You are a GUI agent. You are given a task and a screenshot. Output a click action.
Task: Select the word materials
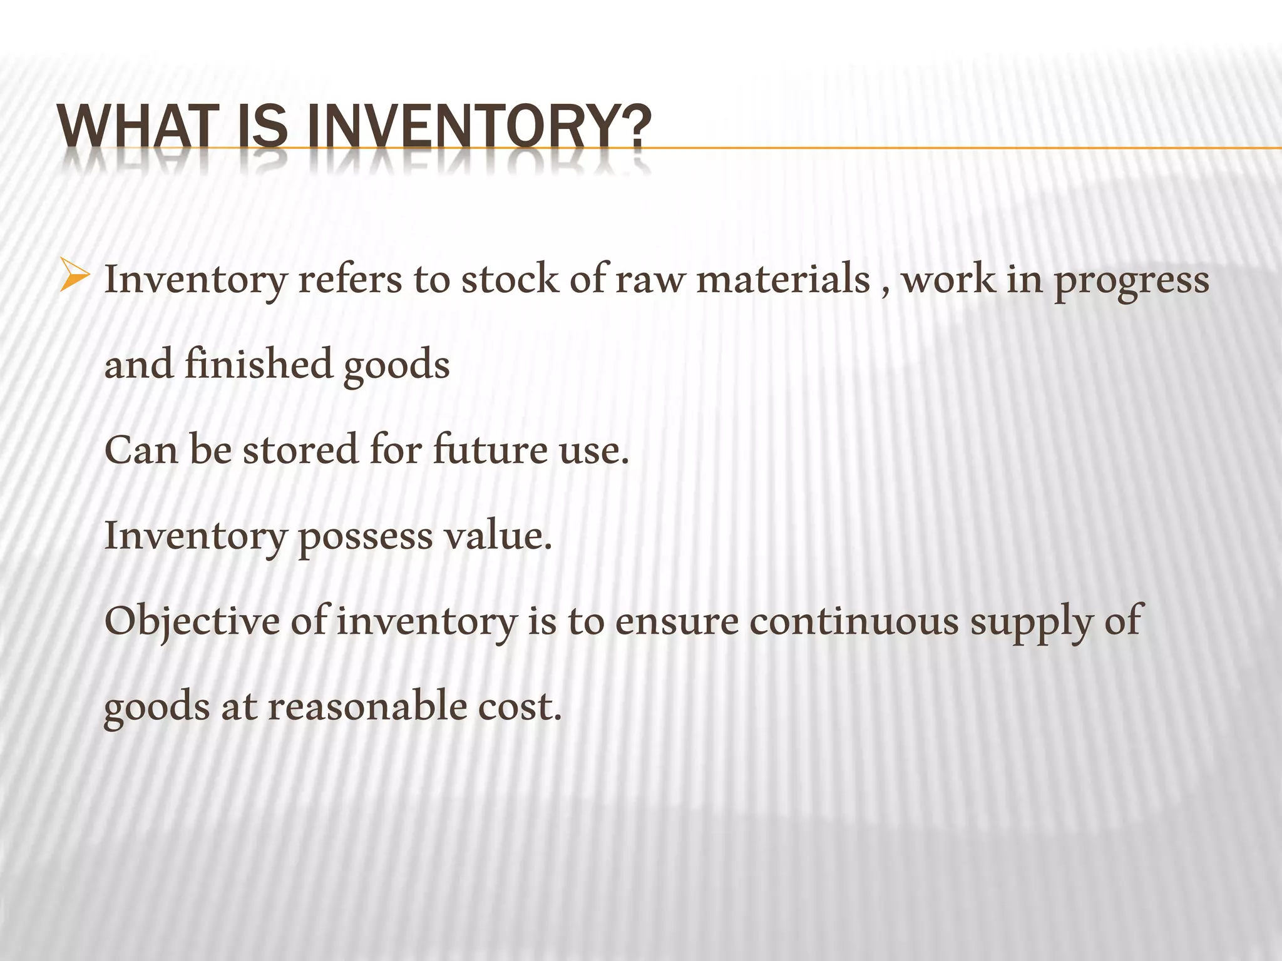[x=783, y=279]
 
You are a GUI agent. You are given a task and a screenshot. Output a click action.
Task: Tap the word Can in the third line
[x=141, y=450]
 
